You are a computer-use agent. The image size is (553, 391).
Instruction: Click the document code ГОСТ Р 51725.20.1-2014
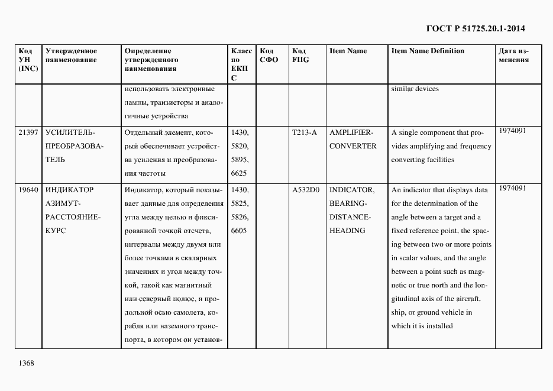pos(476,28)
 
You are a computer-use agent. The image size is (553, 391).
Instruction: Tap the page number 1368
pos(26,363)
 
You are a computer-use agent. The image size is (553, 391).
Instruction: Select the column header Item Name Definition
pos(428,51)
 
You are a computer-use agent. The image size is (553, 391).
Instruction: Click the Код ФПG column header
pos(300,56)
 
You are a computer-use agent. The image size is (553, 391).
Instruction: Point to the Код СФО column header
pos(269,56)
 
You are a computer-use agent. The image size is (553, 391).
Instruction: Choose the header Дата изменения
pos(513,56)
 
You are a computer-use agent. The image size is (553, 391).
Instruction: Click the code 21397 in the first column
pos(28,133)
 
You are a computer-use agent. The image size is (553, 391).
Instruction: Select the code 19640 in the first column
pos(28,190)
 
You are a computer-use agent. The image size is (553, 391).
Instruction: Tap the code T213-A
pos(304,133)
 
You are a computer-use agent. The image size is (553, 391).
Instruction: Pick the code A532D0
pos(306,190)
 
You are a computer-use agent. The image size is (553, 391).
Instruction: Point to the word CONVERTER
pos(353,146)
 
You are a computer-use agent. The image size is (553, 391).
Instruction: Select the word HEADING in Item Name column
pos(347,231)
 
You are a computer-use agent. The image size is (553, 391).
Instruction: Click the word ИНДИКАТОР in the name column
pos(70,190)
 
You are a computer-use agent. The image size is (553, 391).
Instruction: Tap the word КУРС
pos(55,231)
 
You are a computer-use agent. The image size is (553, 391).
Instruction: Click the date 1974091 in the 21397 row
pos(512,130)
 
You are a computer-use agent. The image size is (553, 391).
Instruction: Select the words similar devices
pos(415,89)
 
